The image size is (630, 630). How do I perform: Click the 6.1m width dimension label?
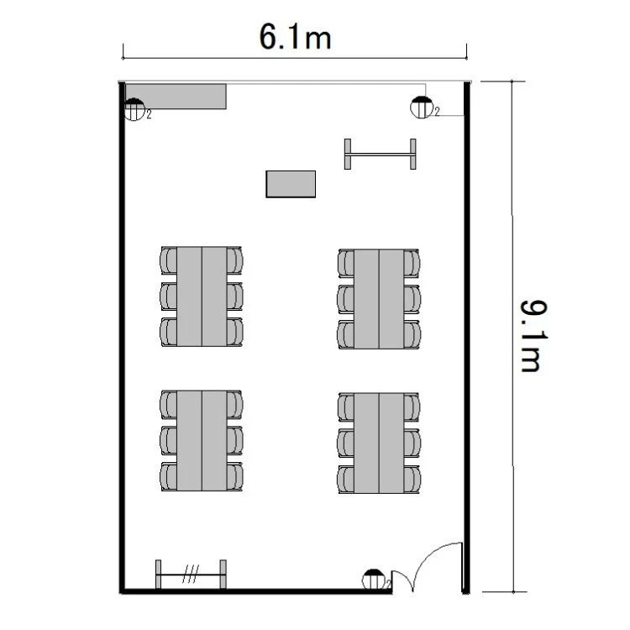(x=295, y=37)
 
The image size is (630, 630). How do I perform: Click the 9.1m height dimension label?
(x=533, y=336)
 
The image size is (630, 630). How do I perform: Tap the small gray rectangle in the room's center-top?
(x=291, y=184)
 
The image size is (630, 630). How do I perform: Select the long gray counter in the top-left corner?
(x=176, y=96)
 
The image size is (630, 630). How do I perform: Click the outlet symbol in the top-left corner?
(x=134, y=109)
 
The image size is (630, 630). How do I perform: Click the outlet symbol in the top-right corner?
(x=422, y=108)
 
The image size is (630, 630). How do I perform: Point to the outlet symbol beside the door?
(x=373, y=580)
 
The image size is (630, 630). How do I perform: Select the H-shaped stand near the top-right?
(x=380, y=155)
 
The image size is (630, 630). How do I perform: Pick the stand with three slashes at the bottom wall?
(x=191, y=575)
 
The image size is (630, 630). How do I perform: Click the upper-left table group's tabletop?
(x=202, y=297)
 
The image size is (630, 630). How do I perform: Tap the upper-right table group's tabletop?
(x=379, y=298)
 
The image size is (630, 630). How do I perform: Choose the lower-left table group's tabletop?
(x=202, y=440)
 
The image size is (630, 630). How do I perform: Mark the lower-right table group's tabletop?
(x=379, y=444)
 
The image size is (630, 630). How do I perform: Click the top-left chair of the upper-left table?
(x=168, y=260)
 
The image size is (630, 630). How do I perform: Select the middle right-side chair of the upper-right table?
(x=412, y=299)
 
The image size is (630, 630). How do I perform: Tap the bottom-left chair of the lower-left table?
(x=168, y=476)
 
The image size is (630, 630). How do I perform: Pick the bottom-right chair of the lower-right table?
(x=412, y=480)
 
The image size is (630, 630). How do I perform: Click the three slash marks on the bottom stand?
(x=191, y=574)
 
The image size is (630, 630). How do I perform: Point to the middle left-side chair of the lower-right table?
(x=345, y=444)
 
